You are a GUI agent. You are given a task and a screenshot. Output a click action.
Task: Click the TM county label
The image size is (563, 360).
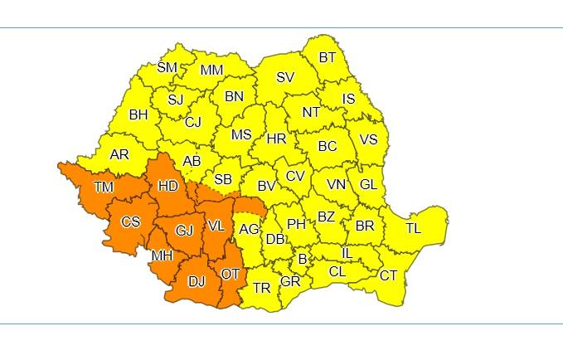click(104, 187)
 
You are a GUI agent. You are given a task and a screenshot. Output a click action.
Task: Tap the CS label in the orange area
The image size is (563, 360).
click(131, 222)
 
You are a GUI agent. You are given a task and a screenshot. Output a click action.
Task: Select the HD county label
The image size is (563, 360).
click(168, 187)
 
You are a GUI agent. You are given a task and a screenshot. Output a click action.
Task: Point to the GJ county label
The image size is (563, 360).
click(184, 231)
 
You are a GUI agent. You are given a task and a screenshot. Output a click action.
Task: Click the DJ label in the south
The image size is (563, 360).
click(197, 281)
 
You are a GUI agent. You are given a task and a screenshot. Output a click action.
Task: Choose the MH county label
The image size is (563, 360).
click(161, 255)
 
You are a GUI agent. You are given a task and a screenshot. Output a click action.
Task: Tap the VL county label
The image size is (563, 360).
click(216, 226)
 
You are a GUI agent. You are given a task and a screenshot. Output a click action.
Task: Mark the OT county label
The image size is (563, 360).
click(231, 274)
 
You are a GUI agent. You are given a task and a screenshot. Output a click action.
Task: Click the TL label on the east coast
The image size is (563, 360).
click(413, 228)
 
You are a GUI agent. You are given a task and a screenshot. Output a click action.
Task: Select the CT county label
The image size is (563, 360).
click(388, 275)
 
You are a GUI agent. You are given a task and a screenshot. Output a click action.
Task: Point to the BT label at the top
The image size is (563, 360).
click(328, 58)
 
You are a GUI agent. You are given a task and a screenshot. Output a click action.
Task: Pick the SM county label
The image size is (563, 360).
click(167, 68)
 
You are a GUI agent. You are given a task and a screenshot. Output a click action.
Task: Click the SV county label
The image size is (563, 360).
click(284, 77)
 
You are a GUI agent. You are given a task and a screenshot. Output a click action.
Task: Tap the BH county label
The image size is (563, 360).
click(138, 115)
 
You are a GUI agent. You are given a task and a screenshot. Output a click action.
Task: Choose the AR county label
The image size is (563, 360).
click(119, 154)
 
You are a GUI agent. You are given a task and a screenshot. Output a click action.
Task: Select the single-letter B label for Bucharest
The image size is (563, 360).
click(303, 260)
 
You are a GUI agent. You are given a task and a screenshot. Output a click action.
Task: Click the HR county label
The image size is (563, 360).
click(276, 139)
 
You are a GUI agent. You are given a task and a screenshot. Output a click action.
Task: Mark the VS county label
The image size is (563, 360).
click(367, 139)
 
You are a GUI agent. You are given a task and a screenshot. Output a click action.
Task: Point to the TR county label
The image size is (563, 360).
click(261, 288)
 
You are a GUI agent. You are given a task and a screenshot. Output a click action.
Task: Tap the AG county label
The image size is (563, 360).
click(249, 228)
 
